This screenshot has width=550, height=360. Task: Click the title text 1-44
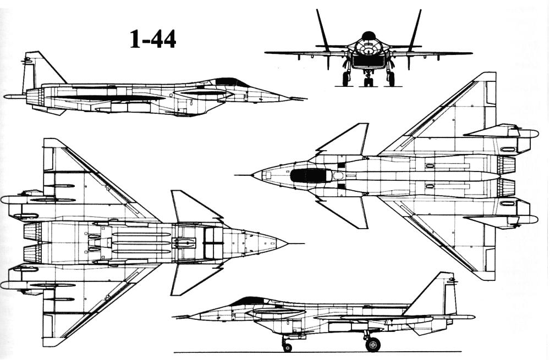coord(153,39)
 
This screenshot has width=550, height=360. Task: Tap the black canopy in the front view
coord(369,35)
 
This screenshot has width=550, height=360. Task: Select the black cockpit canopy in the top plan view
coord(310,175)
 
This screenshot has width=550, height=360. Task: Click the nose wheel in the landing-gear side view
coord(287,347)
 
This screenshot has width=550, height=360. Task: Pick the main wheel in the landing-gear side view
coord(372,344)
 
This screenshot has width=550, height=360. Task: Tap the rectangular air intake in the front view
coord(368,62)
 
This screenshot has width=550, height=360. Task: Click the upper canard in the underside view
coord(195,207)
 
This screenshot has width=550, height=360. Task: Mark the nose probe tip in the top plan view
coord(235,175)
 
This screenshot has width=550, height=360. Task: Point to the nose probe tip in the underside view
coord(304,243)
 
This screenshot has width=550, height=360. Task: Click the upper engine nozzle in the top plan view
coord(507,165)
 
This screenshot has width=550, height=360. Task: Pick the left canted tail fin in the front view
coord(323,31)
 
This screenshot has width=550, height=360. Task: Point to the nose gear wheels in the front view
coord(368,82)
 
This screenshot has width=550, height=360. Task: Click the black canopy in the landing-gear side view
coord(250,301)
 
